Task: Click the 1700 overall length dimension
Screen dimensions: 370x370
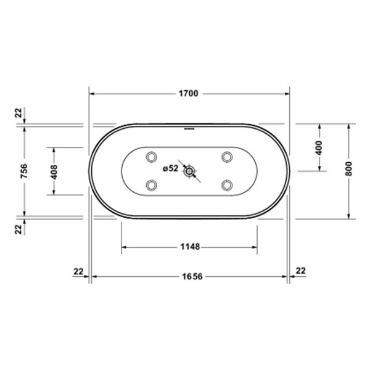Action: coord(188,94)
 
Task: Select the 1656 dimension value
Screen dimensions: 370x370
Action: coord(192,276)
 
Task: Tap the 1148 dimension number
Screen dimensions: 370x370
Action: coord(190,247)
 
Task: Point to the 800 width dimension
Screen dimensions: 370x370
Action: coord(348,169)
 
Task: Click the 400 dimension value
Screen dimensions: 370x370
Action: coord(319,148)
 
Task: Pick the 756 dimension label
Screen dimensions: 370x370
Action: coord(24,171)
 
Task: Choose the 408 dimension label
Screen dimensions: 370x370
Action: coord(54,172)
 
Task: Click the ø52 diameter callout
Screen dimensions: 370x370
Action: coord(170,168)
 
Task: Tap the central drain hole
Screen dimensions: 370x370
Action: coord(189,171)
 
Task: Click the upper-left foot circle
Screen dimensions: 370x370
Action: coord(152,157)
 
